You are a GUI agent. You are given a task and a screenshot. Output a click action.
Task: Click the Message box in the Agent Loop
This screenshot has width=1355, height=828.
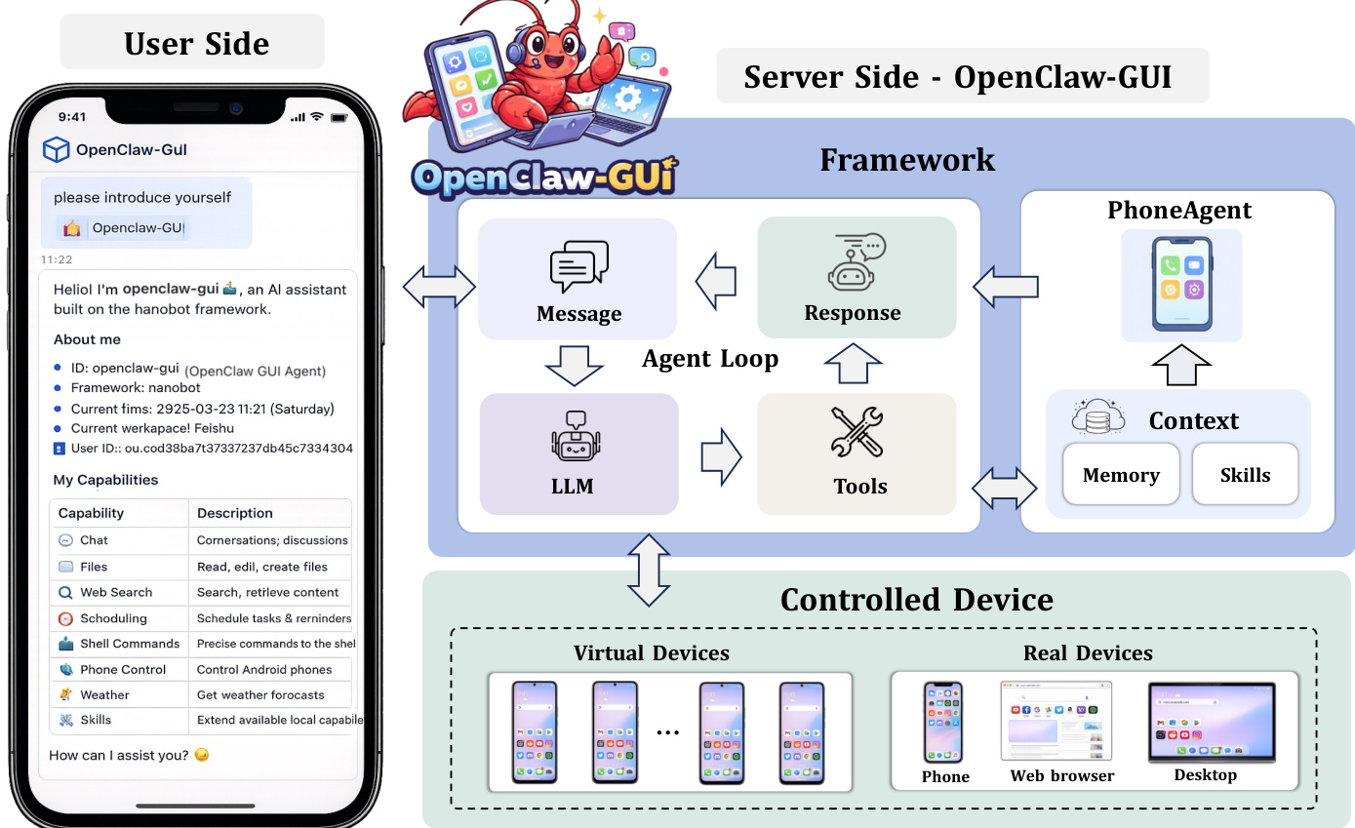[x=578, y=278]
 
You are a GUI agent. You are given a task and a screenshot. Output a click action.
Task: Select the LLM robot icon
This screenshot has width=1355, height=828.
[x=578, y=439]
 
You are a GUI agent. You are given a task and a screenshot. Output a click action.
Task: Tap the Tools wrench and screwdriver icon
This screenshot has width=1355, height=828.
[x=857, y=433]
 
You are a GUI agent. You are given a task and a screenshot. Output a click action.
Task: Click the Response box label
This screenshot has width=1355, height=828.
[x=853, y=313]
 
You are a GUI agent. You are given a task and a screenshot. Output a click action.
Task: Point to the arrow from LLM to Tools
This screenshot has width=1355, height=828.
[x=720, y=454]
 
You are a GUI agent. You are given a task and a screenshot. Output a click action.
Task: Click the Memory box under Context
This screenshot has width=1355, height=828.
[x=1121, y=475]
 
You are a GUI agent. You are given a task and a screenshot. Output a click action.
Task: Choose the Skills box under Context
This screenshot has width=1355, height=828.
[x=1245, y=475]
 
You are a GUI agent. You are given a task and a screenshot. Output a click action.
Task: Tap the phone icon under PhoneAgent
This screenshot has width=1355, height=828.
[x=1180, y=284]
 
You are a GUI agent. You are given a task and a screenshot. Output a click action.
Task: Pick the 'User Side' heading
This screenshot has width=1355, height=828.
[x=196, y=43]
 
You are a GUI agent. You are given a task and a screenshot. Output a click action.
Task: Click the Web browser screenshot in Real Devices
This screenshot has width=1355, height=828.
[x=1056, y=721]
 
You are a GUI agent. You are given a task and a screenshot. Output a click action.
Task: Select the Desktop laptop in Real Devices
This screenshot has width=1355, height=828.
[x=1211, y=722]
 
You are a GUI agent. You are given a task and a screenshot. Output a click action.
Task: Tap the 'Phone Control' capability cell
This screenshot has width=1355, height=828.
[x=122, y=670]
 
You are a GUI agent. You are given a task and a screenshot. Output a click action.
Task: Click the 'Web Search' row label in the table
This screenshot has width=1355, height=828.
[x=115, y=592]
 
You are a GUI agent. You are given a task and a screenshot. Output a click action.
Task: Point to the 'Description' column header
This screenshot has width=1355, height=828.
[x=234, y=513]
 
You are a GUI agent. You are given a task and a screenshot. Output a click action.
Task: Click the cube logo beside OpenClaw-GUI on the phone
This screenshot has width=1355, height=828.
[x=57, y=149]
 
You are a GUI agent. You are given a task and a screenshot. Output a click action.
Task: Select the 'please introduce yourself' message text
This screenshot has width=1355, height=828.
[x=142, y=197]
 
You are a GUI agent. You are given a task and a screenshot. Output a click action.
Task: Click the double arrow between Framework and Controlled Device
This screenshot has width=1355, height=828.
[x=649, y=570]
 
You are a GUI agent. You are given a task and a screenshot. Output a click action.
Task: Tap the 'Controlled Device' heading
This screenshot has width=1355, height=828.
[x=916, y=599]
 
